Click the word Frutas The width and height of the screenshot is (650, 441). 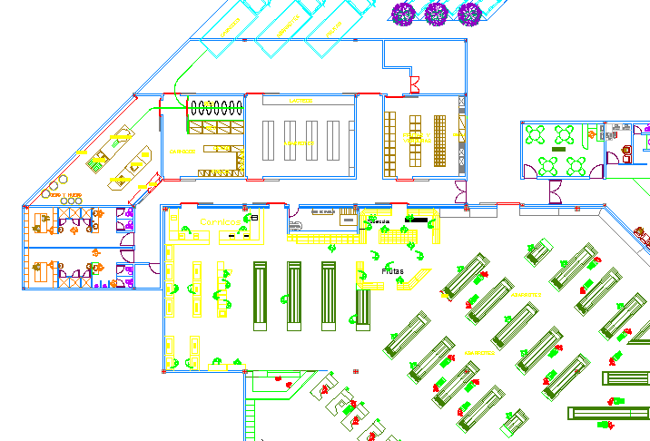coord(393,270)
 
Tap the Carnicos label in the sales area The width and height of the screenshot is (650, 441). coord(221,221)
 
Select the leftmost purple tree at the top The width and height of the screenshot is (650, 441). coord(403,13)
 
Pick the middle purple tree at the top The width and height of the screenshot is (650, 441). coord(437,13)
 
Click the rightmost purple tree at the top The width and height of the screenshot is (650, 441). coord(469,13)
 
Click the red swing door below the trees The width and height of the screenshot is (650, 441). coord(414,86)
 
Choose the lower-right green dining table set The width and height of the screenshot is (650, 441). coord(576,165)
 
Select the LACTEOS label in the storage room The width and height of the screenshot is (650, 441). coord(300,101)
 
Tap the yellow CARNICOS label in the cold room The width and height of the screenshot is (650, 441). coord(182,152)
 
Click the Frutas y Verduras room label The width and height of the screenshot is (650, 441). coord(418,141)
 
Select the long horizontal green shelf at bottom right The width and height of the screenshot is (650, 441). coord(608,413)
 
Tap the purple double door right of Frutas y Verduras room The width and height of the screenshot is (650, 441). coord(460,192)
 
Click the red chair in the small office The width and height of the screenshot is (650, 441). coord(626,147)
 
